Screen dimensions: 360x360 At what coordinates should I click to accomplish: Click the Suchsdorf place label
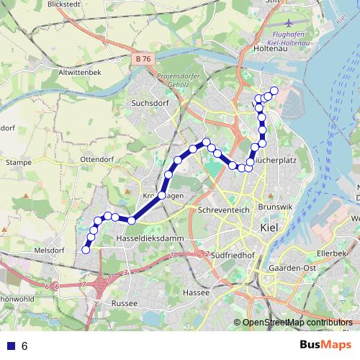148,103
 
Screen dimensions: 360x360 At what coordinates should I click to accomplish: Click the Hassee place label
196,293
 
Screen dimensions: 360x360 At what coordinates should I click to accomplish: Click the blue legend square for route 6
9,346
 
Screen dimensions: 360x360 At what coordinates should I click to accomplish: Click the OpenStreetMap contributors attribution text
297,322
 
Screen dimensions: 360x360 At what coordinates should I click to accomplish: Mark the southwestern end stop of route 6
86,250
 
